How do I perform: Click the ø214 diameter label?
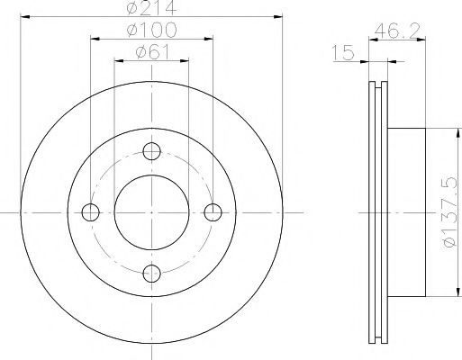151,7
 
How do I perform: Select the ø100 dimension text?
152,30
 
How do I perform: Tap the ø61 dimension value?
153,52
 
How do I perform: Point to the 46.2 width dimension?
397,31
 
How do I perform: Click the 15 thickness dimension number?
343,52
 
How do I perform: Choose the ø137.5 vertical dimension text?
451,212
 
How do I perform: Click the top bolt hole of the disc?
152,151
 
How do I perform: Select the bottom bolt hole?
152,274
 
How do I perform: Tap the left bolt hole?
91,212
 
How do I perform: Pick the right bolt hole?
213,212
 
